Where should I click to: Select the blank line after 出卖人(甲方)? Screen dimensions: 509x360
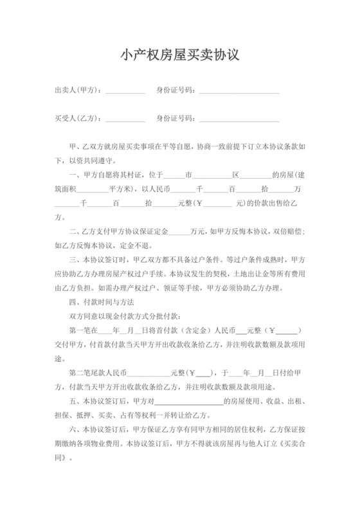click(x=125, y=92)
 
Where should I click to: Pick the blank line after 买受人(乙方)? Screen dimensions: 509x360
click(x=125, y=120)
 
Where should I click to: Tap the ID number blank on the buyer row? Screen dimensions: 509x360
click(x=239, y=120)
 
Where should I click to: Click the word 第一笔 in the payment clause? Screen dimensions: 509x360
click(x=80, y=331)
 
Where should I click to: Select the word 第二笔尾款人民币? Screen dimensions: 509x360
click(x=98, y=373)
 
